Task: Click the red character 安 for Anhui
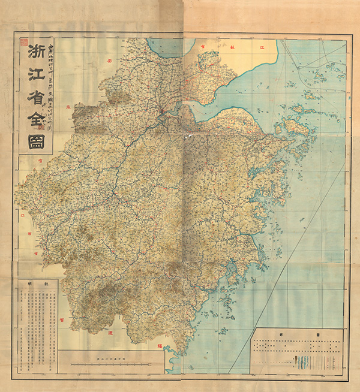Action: click(110, 60)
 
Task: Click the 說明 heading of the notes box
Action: click(35, 283)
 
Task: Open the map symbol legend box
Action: click(298, 351)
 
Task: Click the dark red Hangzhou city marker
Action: click(161, 109)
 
